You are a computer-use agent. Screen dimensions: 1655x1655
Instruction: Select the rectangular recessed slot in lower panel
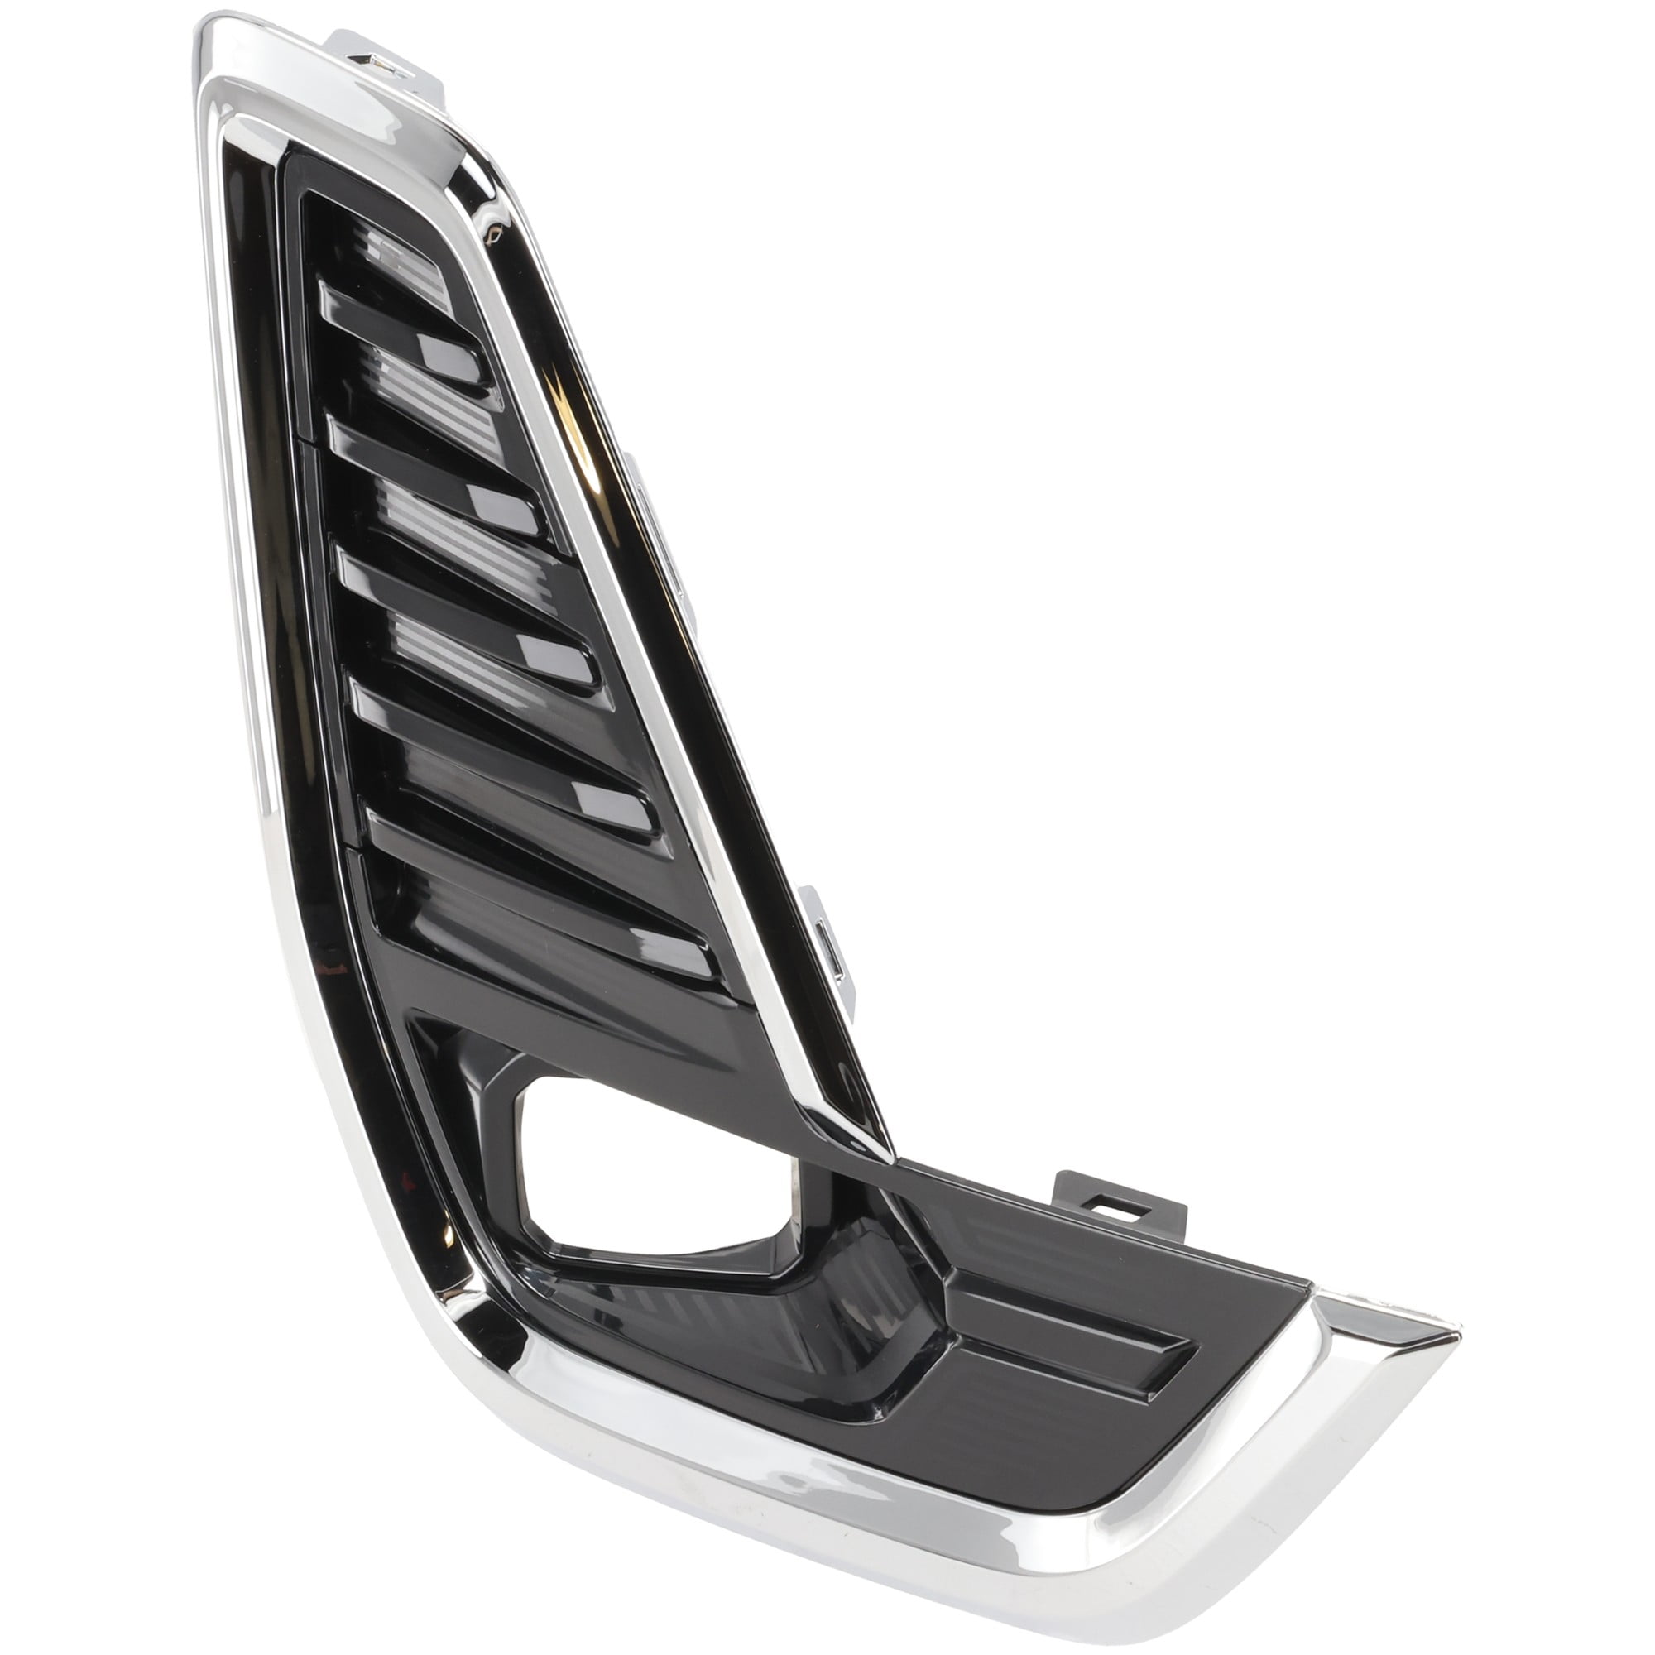(x=1071, y=1388)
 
